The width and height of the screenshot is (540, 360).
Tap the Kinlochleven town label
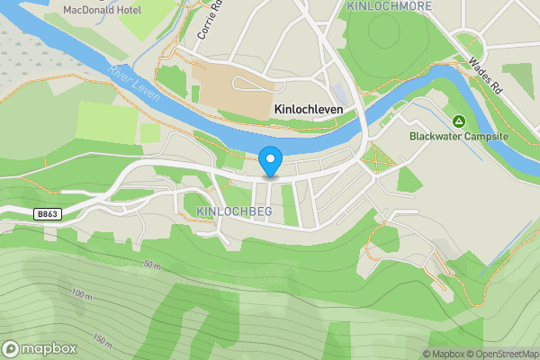click(314, 108)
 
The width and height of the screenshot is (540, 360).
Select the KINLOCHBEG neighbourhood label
click(233, 211)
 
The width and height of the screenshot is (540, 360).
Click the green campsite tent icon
click(458, 121)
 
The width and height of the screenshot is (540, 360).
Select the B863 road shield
click(50, 214)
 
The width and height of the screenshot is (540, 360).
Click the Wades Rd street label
click(484, 75)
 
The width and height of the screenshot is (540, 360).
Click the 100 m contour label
click(82, 294)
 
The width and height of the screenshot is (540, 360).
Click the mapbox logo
click(40, 348)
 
